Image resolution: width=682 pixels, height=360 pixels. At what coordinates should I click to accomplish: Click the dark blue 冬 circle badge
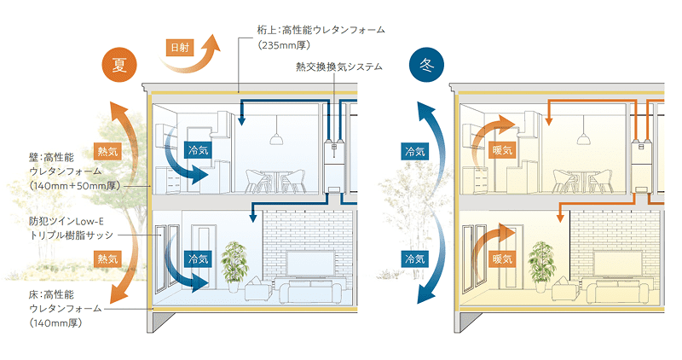426,67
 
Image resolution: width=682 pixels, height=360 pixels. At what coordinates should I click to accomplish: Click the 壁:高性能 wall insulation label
52,156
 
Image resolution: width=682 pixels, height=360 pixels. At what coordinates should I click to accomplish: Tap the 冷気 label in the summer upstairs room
197,148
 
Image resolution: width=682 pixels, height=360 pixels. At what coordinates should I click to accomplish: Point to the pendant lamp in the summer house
275,138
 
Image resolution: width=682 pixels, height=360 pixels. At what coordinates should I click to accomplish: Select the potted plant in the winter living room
540,265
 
